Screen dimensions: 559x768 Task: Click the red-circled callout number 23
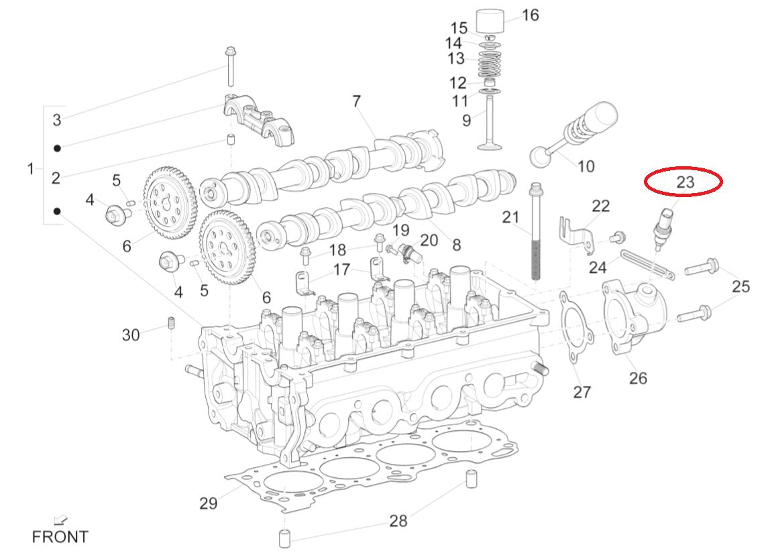(684, 182)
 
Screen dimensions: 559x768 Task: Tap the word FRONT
(60, 537)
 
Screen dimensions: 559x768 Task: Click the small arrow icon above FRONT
(60, 519)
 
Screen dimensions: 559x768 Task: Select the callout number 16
(530, 15)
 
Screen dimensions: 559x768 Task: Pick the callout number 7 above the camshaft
(356, 101)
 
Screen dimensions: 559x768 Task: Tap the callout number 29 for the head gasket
(208, 503)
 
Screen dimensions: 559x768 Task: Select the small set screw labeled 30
(170, 323)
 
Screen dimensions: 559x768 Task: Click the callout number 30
(131, 334)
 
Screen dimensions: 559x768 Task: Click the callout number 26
(637, 377)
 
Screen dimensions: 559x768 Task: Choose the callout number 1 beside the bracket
(30, 169)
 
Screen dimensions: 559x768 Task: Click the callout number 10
(586, 166)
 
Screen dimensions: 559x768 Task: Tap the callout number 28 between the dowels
(398, 520)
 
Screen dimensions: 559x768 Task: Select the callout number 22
(600, 205)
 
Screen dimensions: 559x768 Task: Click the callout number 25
(740, 287)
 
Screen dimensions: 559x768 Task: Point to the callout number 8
(456, 245)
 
